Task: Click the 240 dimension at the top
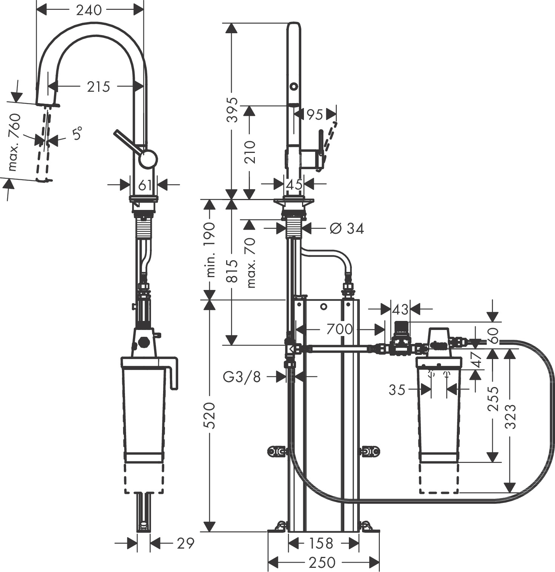(x=89, y=10)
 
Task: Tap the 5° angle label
(x=77, y=134)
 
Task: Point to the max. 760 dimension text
(x=15, y=142)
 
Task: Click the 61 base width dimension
(x=145, y=185)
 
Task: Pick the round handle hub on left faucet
(x=148, y=159)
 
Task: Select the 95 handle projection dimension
(x=315, y=114)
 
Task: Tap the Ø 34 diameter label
(x=346, y=228)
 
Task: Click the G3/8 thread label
(x=242, y=376)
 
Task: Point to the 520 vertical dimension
(x=209, y=415)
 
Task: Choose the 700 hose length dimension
(x=339, y=329)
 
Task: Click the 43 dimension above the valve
(x=400, y=310)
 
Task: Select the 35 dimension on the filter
(x=397, y=390)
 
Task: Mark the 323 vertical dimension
(x=510, y=416)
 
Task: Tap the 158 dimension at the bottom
(x=321, y=544)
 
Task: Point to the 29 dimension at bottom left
(x=185, y=543)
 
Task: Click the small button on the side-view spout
(x=294, y=86)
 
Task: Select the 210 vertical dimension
(x=250, y=152)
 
